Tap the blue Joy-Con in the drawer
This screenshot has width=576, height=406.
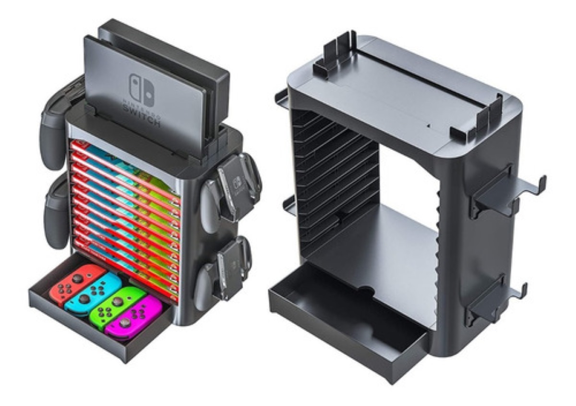[94, 294]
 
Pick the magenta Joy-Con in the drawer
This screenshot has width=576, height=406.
[133, 318]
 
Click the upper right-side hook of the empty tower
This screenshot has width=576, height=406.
[509, 192]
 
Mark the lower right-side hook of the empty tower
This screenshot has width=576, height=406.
[494, 300]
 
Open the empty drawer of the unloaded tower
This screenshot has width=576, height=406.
[346, 327]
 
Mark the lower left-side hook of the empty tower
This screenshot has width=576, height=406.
[288, 204]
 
